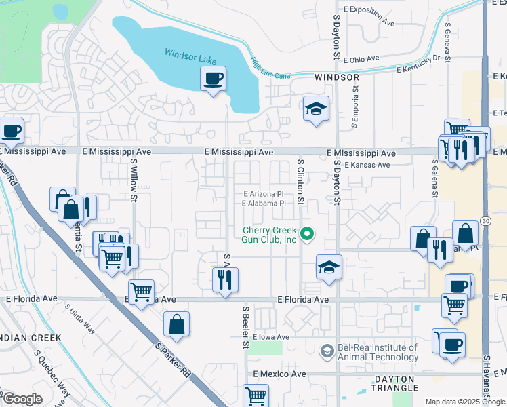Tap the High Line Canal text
270,69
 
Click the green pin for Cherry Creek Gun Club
307,235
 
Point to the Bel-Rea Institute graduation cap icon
327,351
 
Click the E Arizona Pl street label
264,193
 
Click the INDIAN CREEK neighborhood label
31,337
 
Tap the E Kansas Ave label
367,165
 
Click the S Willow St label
134,180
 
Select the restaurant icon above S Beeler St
224,279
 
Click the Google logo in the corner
22,399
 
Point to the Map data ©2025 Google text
465,402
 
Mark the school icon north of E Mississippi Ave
315,108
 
